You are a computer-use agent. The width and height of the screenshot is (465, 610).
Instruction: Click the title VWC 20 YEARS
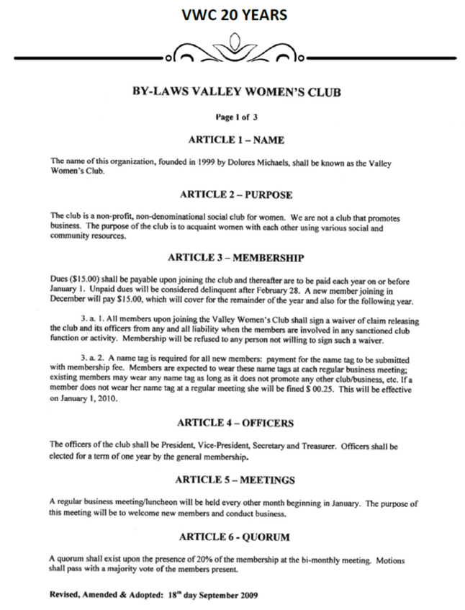tap(232, 14)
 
